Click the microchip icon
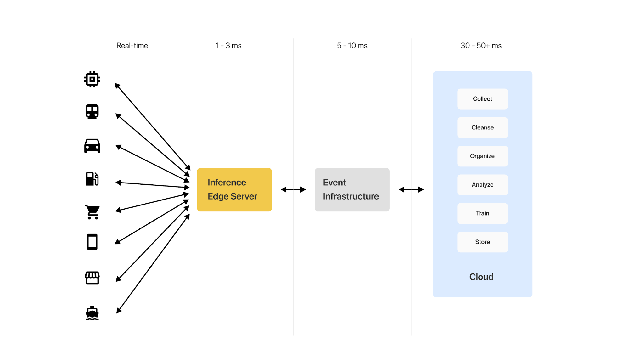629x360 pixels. tap(92, 79)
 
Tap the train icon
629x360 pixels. tap(92, 112)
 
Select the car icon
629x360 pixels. tap(92, 146)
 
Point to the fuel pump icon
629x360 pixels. tap(92, 179)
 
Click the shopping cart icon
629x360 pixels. tap(92, 212)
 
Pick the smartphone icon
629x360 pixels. tap(92, 242)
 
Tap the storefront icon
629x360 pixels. tap(92, 278)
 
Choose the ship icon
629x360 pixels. tap(92, 313)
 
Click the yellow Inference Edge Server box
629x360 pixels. tap(234, 189)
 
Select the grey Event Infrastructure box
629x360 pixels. tap(352, 189)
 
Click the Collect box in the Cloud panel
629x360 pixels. tap(482, 99)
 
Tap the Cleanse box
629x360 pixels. tap(482, 127)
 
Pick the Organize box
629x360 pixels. tap(482, 156)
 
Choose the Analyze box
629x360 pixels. tap(482, 185)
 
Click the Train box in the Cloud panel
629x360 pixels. tap(482, 213)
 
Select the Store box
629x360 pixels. tap(482, 242)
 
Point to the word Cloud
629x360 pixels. tap(481, 277)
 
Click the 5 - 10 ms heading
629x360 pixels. tap(352, 46)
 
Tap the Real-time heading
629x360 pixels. tap(132, 46)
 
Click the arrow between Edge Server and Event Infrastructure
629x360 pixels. tap(293, 189)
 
